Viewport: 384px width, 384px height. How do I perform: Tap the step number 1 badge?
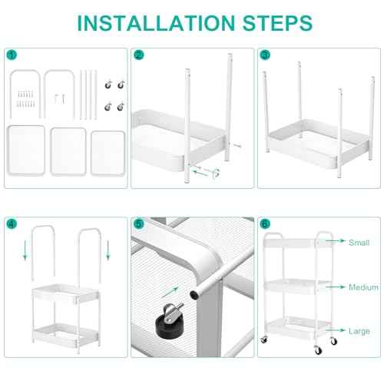(x=12, y=55)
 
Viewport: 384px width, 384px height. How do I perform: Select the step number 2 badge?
(x=138, y=55)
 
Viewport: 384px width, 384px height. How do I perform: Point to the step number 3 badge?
(x=266, y=55)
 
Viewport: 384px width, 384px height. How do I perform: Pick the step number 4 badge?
(x=12, y=225)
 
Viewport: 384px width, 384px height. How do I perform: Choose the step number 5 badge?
(x=138, y=225)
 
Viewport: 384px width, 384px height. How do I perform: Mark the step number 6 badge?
(x=266, y=225)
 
